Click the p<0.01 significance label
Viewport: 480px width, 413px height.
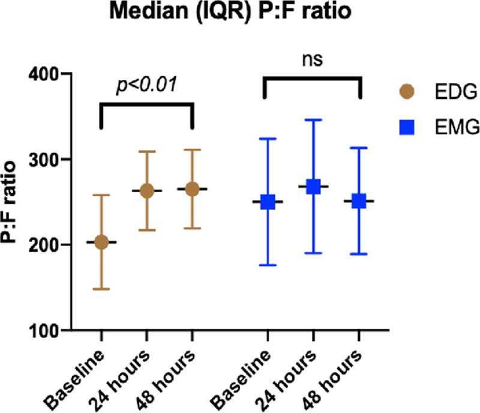146,85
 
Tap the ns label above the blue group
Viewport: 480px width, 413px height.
311,60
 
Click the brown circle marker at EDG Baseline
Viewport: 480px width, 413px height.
101,242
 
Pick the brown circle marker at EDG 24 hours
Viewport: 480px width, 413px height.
147,191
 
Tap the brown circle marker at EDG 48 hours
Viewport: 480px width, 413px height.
192,189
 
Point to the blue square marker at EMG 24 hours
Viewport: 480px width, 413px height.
313,186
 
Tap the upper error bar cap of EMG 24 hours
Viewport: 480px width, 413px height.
313,120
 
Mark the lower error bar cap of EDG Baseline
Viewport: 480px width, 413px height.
101,289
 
